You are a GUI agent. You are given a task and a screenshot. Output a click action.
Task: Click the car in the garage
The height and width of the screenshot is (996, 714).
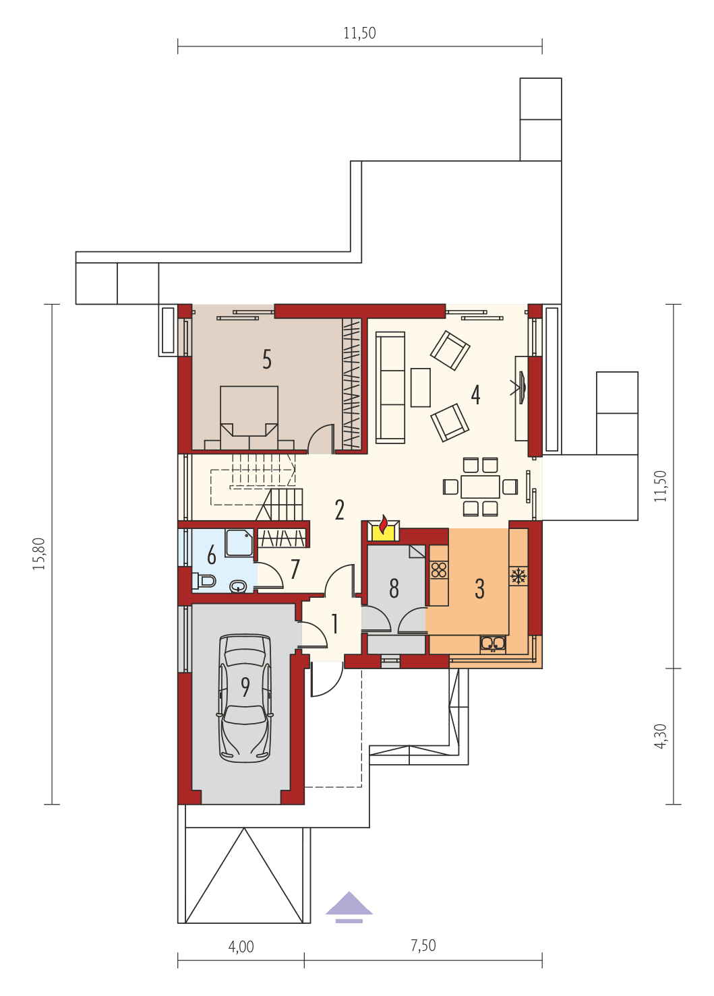[x=244, y=697]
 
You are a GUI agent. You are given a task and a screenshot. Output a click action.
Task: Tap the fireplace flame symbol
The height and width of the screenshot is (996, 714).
[x=383, y=527]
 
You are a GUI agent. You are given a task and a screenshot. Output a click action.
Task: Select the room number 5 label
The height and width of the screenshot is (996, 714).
[x=267, y=360]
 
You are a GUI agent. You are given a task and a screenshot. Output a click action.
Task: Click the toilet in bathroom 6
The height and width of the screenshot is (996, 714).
[x=205, y=580]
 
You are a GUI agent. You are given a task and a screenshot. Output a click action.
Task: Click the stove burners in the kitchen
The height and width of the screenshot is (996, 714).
[x=439, y=570]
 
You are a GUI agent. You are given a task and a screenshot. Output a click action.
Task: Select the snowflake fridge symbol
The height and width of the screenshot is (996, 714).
[x=518, y=576]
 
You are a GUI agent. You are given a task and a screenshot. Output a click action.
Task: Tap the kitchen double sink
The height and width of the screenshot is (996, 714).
[x=493, y=644]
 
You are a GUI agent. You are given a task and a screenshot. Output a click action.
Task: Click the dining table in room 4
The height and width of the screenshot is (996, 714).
[x=480, y=487]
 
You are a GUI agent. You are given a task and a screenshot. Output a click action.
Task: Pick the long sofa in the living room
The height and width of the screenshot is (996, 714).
[x=390, y=387]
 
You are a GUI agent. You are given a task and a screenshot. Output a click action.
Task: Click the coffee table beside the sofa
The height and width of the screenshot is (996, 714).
[x=420, y=387]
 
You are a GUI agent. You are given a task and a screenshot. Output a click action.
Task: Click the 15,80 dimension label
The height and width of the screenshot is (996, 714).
[x=39, y=554]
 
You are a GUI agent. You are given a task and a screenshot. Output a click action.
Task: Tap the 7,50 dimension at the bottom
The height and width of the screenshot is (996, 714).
[x=423, y=946]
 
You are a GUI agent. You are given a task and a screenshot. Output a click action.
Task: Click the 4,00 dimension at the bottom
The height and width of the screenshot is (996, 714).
[x=241, y=947]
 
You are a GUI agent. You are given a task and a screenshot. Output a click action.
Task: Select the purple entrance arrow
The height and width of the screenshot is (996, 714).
[x=349, y=906]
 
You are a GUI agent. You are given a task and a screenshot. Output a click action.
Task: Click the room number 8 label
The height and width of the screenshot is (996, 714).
[x=394, y=589]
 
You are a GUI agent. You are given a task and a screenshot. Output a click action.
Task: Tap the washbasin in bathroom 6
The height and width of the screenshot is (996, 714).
[x=238, y=586]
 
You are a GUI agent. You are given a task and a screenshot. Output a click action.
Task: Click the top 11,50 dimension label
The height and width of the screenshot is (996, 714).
[x=359, y=33]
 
